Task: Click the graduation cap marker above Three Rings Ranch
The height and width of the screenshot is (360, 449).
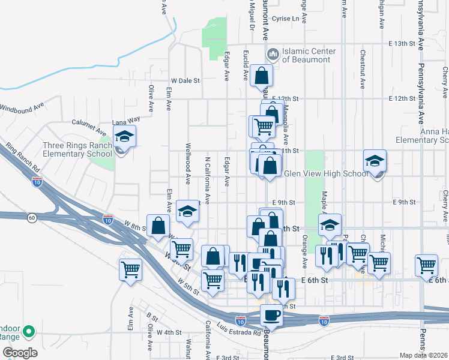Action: pos(125,136)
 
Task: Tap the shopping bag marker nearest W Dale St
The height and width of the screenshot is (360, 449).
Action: pos(262,76)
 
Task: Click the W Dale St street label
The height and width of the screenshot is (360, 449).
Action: pos(185,80)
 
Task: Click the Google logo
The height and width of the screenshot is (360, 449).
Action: pos(19,352)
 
